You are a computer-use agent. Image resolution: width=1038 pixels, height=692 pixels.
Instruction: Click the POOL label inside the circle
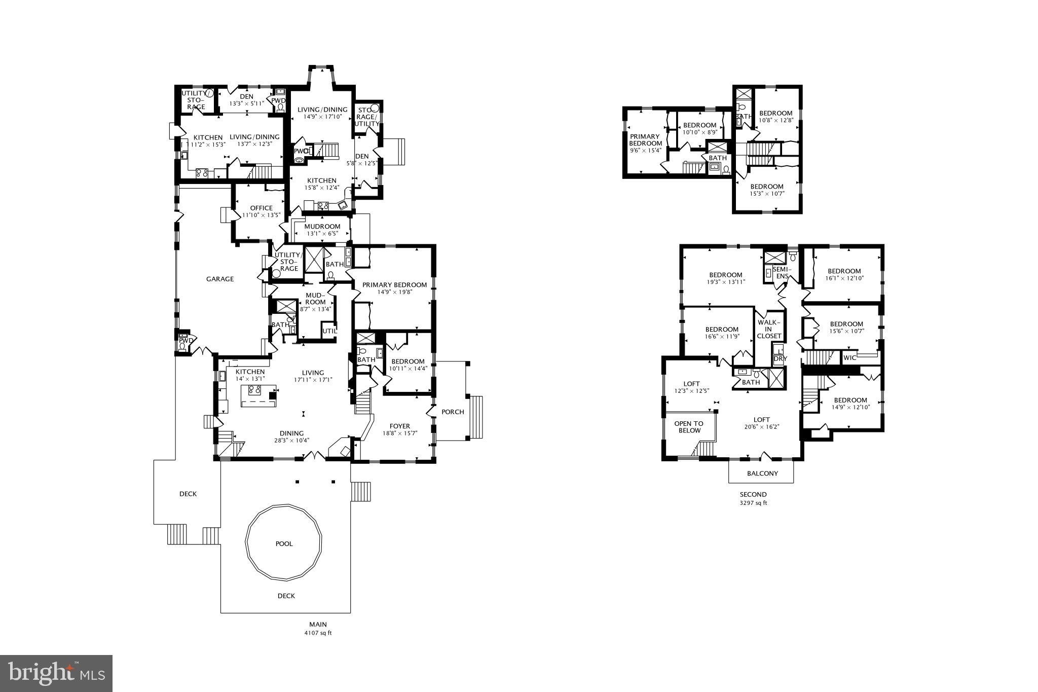[284, 543]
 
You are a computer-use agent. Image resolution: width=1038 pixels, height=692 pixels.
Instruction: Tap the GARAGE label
[220, 279]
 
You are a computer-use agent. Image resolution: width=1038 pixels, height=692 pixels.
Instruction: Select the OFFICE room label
[261, 208]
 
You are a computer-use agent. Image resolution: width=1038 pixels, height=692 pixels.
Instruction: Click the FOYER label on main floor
[399, 426]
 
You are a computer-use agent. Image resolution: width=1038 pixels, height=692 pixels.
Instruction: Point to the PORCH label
[453, 412]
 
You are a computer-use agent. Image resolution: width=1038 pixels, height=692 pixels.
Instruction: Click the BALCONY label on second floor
[762, 474]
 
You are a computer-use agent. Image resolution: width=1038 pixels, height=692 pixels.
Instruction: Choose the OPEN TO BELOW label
[689, 427]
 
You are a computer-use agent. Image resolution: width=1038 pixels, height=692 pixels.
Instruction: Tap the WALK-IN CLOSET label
[769, 329]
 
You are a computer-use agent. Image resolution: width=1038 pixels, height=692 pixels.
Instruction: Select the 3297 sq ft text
[753, 503]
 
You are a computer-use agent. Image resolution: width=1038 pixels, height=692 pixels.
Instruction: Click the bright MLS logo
[56, 673]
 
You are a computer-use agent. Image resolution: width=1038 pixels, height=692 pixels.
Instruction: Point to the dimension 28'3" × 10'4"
[291, 440]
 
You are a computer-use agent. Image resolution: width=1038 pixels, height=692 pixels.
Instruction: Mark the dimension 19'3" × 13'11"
[726, 282]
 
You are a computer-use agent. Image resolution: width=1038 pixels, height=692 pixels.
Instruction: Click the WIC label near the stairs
[849, 358]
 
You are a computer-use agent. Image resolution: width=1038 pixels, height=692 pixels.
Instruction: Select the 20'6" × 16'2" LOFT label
[761, 423]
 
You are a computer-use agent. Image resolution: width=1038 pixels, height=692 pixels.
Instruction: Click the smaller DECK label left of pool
[188, 494]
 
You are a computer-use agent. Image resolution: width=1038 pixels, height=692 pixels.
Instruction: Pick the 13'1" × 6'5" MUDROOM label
[322, 230]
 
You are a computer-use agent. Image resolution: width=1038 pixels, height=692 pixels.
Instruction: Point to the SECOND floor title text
[753, 494]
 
